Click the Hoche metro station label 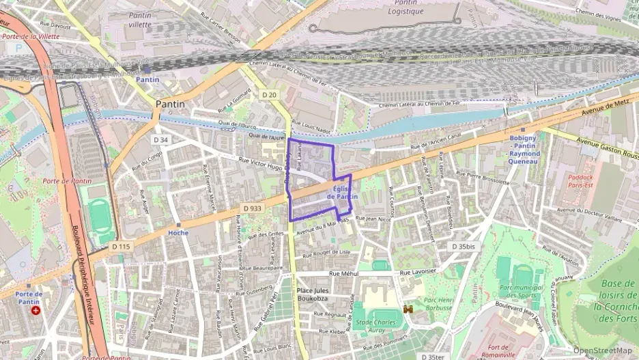click(177, 232)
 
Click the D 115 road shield click(120, 246)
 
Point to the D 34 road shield click(161, 140)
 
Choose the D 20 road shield click(269, 95)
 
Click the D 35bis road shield click(463, 246)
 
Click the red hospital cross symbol click(36, 309)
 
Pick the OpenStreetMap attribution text click(602, 350)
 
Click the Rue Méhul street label click(343, 273)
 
